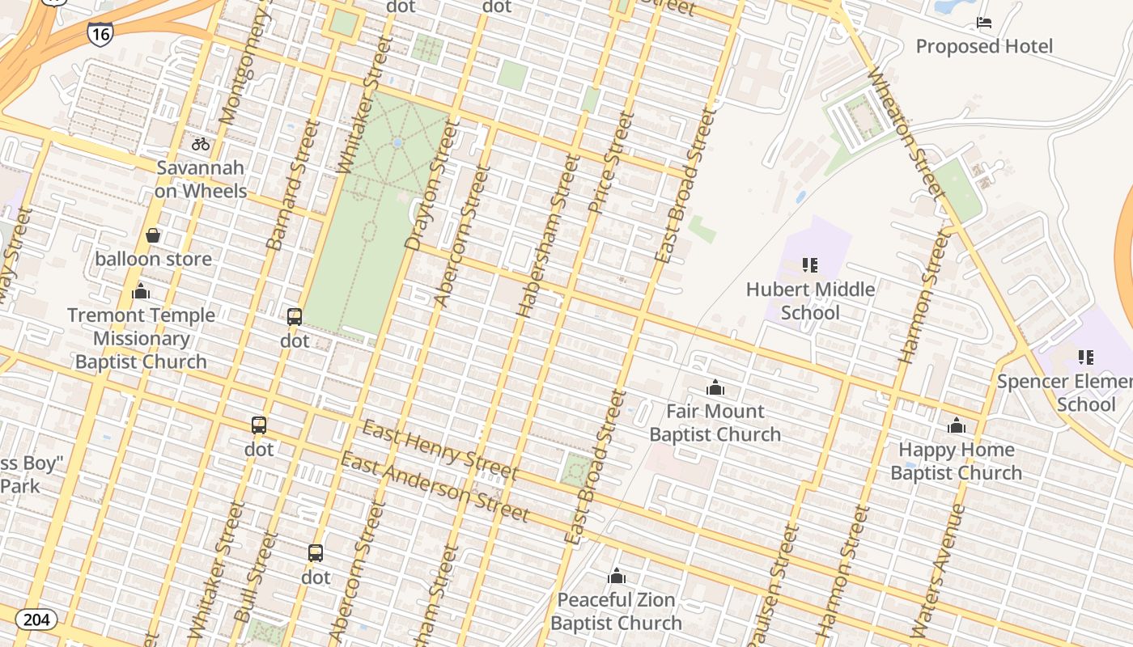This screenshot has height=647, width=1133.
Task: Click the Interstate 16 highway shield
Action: point(100,33)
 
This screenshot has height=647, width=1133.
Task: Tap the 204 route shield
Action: point(36,620)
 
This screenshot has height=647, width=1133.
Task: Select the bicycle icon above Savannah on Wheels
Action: point(201,144)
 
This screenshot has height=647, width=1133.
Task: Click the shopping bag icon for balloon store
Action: point(153,235)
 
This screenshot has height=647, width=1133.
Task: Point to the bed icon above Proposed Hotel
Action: point(984,23)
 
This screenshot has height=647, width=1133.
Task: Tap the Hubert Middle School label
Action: point(810,300)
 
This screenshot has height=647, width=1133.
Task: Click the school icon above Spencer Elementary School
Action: point(1085,357)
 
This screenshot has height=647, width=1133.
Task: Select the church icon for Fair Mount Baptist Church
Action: point(715,388)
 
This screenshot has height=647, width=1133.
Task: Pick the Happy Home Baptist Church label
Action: point(956,461)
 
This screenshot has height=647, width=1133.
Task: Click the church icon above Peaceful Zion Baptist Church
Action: point(617,576)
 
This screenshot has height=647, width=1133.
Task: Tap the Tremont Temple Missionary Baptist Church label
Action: point(141,338)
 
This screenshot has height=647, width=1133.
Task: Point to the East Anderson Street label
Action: point(434,487)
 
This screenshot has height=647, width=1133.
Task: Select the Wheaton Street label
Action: point(905,133)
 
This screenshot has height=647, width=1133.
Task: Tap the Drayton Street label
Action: point(426,188)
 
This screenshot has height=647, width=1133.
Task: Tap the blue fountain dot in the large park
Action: point(397,142)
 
